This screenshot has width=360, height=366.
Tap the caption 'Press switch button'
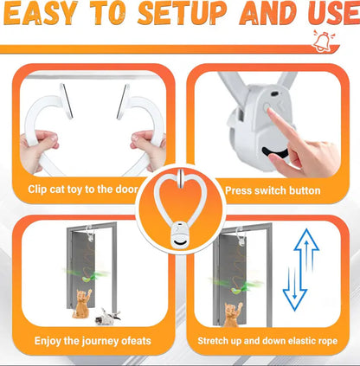273,189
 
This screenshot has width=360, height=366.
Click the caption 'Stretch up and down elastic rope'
267,341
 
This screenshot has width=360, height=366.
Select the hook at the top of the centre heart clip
181,181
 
